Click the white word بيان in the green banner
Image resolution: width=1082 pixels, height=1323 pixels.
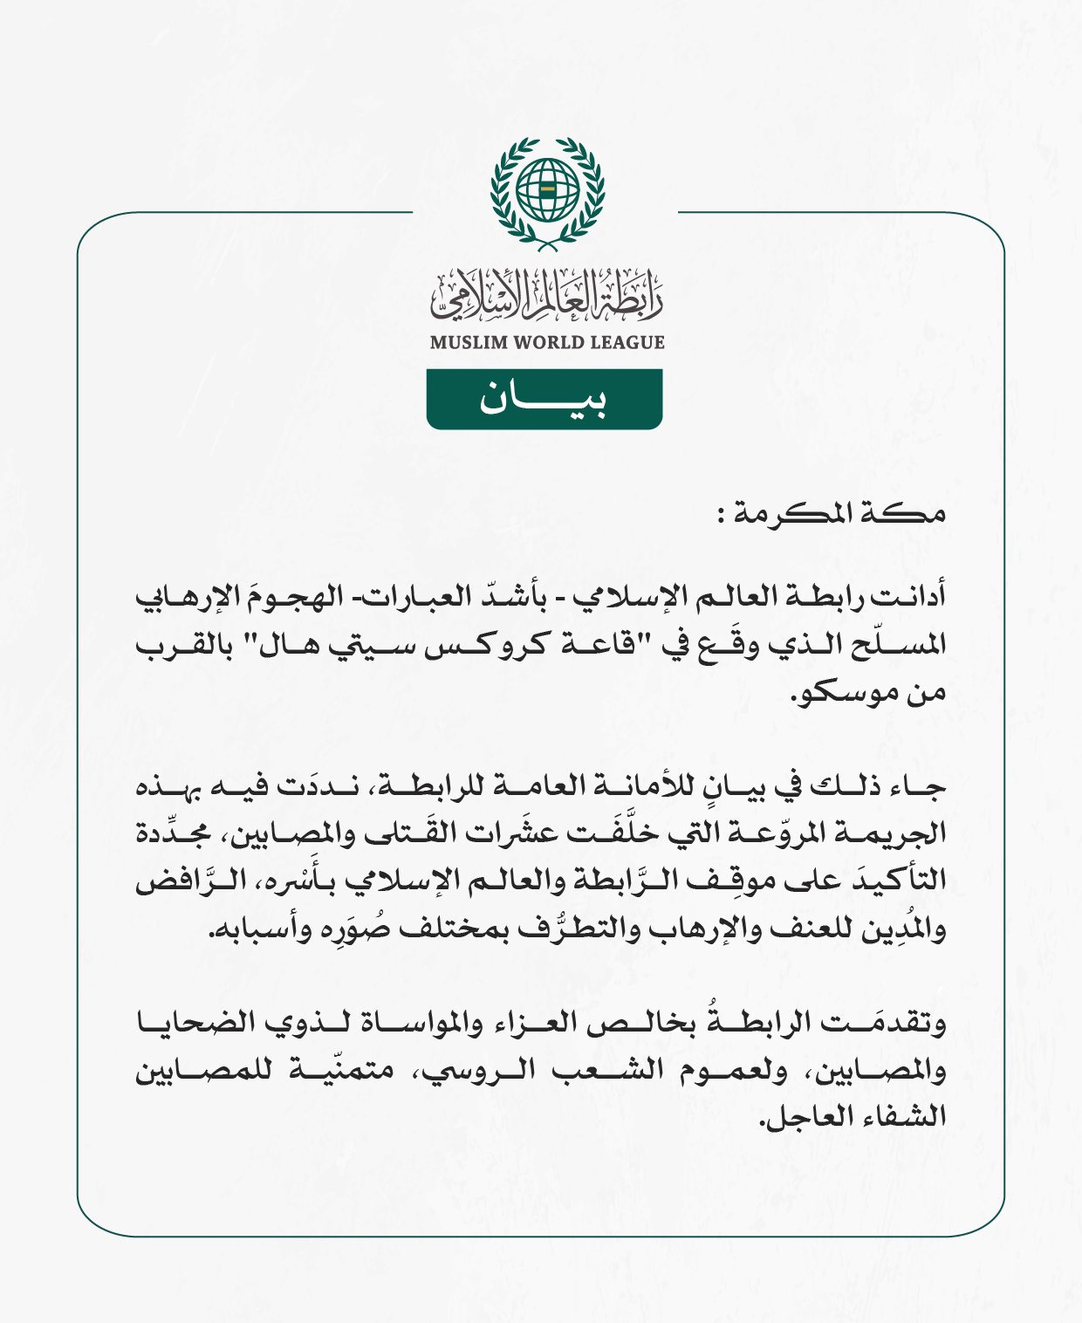pyautogui.click(x=543, y=400)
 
